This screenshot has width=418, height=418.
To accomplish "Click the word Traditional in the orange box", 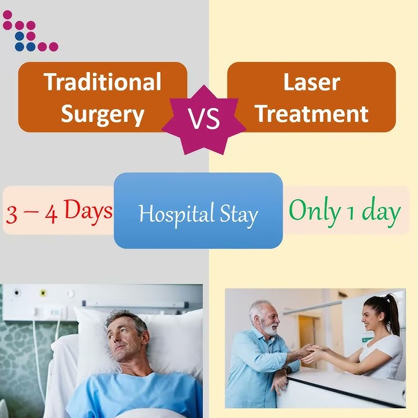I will tap(102, 82).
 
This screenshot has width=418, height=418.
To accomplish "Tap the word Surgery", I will tap(102, 114).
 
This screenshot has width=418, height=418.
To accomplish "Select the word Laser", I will tap(311, 82).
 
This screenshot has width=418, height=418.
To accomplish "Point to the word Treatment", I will tap(311, 114).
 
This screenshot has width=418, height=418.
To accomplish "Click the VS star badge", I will tap(204, 118).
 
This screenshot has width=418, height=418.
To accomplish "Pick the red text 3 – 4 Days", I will tap(59, 211).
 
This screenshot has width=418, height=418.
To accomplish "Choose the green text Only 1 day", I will tap(344, 211).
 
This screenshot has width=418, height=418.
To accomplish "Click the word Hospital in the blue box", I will tap(169, 214).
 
